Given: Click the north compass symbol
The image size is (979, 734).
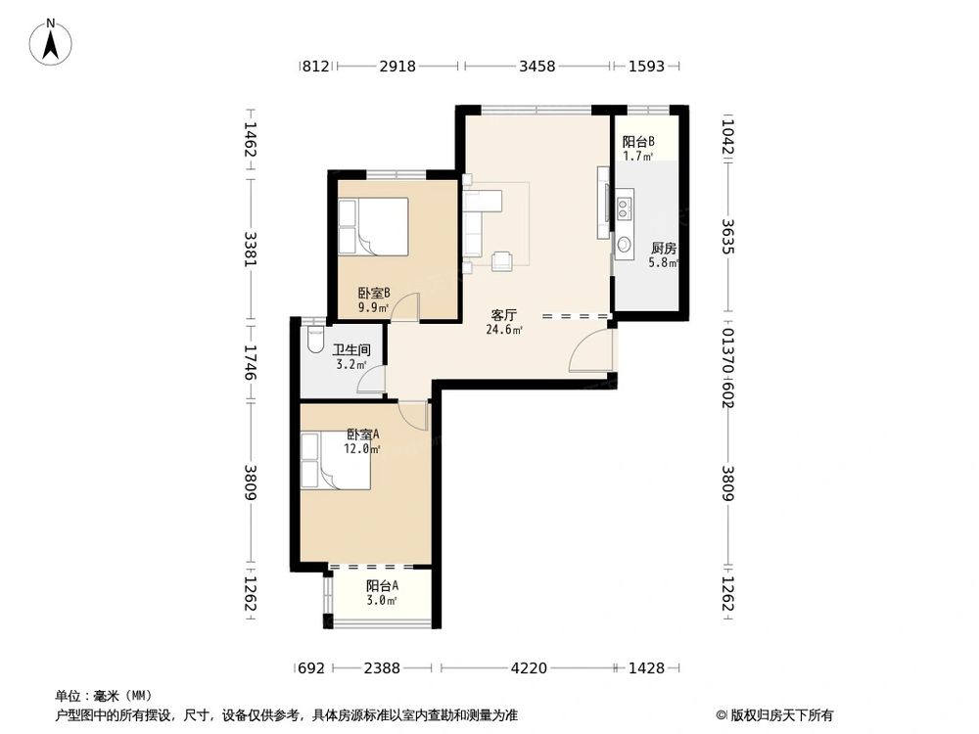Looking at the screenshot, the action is [x=51, y=41].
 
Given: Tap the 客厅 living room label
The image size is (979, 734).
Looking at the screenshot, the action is [x=503, y=315].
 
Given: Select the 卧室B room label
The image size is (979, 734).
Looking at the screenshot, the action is [x=374, y=292].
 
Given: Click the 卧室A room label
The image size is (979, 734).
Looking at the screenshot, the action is [x=363, y=434].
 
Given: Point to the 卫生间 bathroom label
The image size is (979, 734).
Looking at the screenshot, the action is [x=350, y=350].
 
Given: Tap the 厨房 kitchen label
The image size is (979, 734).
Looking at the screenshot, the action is [x=663, y=249].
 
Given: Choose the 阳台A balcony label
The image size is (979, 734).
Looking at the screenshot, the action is [x=382, y=586].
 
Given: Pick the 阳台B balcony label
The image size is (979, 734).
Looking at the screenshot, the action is [x=638, y=142].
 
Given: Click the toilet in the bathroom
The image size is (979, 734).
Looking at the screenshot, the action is [x=316, y=338].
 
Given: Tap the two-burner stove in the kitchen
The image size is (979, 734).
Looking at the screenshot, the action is [x=624, y=208].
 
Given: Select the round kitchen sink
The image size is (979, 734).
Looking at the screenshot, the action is [x=624, y=244].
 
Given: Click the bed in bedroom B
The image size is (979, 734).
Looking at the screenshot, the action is [x=373, y=227].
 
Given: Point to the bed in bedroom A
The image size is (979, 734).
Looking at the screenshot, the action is [x=335, y=461].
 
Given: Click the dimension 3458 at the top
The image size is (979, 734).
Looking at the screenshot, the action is [x=536, y=66].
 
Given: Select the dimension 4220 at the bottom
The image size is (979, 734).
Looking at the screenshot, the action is [x=529, y=667].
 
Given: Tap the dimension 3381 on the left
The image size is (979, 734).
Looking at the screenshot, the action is [x=251, y=249].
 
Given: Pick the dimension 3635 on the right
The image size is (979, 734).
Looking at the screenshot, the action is [x=728, y=237].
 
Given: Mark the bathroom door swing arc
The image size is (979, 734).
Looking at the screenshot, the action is [x=367, y=378].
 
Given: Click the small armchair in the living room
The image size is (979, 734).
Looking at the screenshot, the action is [x=502, y=261].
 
